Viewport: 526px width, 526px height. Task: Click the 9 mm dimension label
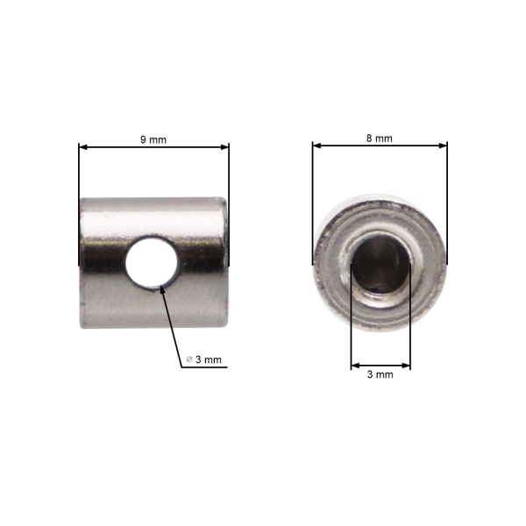coord(153,139)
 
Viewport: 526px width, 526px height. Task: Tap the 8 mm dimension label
coord(379,139)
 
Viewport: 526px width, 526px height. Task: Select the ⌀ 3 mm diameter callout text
coord(204,359)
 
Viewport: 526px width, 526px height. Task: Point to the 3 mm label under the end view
coord(380,374)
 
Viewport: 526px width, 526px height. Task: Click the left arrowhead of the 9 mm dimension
coord(83,147)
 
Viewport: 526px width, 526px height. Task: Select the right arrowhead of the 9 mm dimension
coord(224,147)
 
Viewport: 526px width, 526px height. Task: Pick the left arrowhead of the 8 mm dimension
coord(316,146)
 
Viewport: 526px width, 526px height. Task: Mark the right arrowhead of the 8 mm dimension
coord(443,146)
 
